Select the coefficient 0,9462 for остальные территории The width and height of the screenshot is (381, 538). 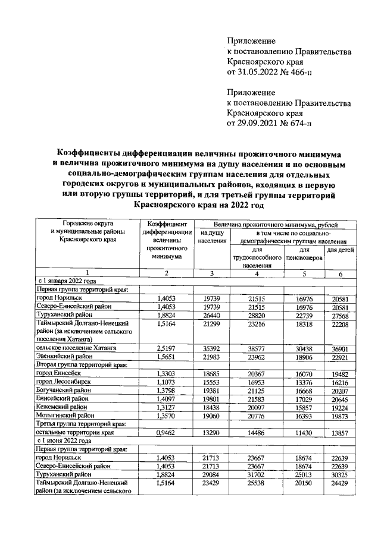tap(167, 433)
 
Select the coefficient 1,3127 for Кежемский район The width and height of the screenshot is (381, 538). tap(167, 411)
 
